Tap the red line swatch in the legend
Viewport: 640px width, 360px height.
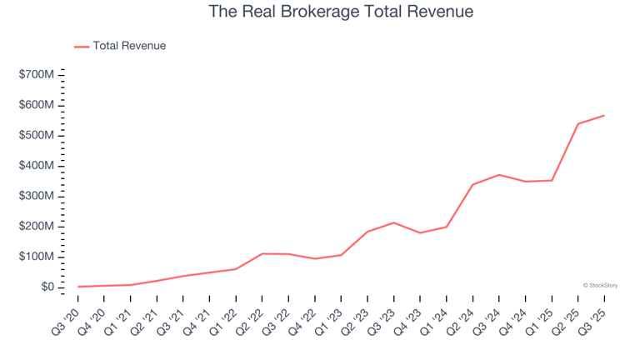coord(82,47)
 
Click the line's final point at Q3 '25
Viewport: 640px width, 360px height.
coord(604,116)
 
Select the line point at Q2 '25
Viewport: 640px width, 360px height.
coord(577,124)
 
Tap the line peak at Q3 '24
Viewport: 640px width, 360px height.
coord(499,175)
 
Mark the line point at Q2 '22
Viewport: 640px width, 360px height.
coord(262,253)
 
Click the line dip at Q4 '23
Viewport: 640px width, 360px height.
coord(420,232)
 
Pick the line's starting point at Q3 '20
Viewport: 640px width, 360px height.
coord(78,287)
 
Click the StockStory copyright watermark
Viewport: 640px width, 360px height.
coord(600,285)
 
